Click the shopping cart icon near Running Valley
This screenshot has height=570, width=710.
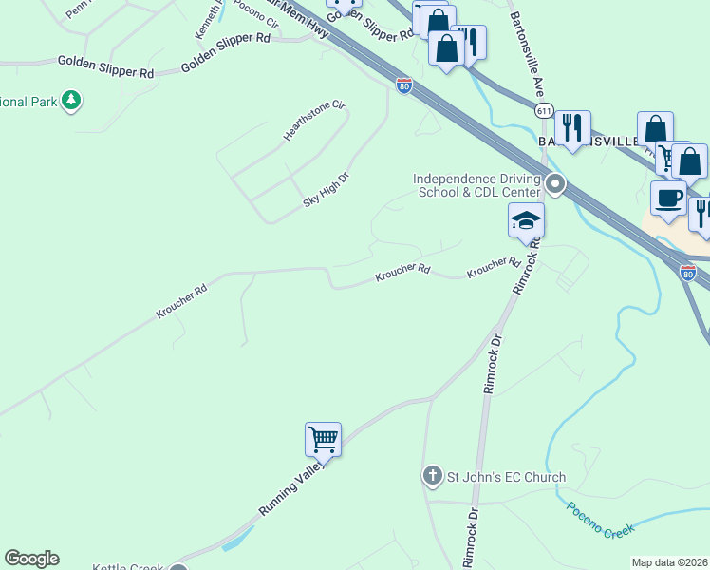click(x=323, y=440)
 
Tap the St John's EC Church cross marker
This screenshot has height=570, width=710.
click(x=432, y=475)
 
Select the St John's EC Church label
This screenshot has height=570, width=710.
click(x=507, y=477)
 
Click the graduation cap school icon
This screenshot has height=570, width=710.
click(x=526, y=221)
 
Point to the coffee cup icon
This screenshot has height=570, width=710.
click(x=668, y=198)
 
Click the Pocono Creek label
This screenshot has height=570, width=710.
click(x=600, y=520)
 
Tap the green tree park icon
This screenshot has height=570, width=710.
click(x=70, y=100)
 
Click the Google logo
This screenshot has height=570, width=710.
click(x=31, y=559)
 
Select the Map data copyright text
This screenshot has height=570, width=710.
click(x=669, y=562)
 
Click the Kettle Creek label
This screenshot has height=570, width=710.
click(x=129, y=567)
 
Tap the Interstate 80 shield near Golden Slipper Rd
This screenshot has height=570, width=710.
click(x=404, y=86)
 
